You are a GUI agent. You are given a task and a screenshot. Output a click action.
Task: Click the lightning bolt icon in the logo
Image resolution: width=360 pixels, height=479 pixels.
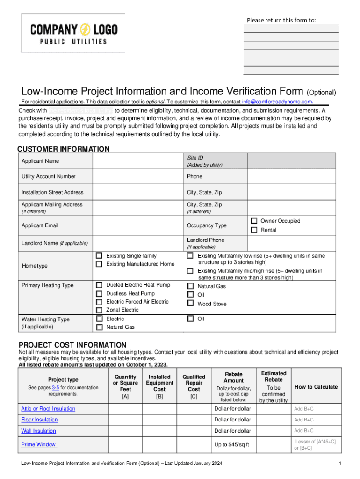coord(86,30)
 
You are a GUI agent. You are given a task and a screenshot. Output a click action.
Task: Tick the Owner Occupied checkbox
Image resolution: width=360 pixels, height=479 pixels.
coord(254,221)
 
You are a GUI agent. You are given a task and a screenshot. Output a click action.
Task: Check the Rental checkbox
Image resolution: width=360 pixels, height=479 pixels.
coord(254,230)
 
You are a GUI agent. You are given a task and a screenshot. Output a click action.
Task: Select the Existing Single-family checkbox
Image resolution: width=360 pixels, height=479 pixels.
coord(99,256)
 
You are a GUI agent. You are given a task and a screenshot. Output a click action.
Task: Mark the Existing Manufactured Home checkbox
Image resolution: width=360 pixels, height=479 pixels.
coord(99,264)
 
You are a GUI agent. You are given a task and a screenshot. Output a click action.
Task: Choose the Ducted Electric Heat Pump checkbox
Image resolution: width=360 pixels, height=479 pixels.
coord(99,285)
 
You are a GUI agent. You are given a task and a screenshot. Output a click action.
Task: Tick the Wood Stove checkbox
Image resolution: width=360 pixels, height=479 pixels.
coord(190,304)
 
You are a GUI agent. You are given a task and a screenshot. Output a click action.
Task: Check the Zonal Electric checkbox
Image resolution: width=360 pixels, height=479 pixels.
coord(99,310)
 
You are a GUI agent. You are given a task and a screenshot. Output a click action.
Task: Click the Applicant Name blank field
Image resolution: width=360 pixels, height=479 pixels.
coord(137,161)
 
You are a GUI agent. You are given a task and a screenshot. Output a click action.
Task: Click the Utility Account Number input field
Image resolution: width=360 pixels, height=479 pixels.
coord(137,177)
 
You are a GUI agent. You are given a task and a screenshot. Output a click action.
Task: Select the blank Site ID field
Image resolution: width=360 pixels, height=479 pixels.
coord(291,161)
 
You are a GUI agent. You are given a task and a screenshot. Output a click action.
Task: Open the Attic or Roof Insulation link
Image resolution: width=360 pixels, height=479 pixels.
coord(48,409)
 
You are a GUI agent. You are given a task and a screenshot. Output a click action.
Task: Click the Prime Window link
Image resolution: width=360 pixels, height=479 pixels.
coord(39,444)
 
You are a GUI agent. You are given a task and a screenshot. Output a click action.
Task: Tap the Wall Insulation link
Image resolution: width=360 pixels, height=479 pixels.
coord(38,431)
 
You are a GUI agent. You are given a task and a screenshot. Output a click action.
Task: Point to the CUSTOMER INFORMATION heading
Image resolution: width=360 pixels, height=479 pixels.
coord(64,149)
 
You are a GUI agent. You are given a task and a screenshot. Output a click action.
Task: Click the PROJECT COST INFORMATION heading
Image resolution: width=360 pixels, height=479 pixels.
coord(72,345)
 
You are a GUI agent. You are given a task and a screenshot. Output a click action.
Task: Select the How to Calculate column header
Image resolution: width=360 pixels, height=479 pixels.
coord(316,387)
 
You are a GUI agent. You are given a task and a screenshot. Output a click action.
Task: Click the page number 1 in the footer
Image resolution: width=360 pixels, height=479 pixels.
coord(339,464)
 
